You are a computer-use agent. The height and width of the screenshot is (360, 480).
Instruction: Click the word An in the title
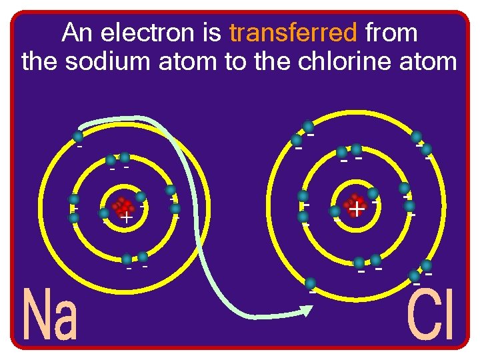(x=75, y=32)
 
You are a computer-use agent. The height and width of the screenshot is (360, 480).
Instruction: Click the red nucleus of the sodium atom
(x=121, y=208)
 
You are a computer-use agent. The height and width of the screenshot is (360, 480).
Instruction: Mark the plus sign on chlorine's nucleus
(x=357, y=209)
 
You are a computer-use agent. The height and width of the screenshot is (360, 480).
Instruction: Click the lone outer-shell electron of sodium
(x=77, y=138)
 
